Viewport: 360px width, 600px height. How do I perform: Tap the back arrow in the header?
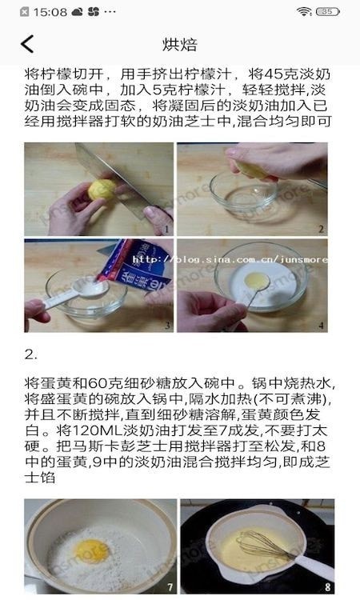(x=27, y=44)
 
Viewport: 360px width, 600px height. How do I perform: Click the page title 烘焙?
(x=180, y=44)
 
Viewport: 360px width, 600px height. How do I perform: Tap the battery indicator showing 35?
(x=328, y=12)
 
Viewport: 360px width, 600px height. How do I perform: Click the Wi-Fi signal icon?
(x=304, y=12)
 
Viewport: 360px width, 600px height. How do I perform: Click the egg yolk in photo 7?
(x=91, y=550)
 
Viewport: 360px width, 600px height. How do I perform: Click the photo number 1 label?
(x=166, y=229)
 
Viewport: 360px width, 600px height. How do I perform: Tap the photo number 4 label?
(x=321, y=326)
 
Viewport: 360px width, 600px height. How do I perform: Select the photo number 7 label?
(x=168, y=587)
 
